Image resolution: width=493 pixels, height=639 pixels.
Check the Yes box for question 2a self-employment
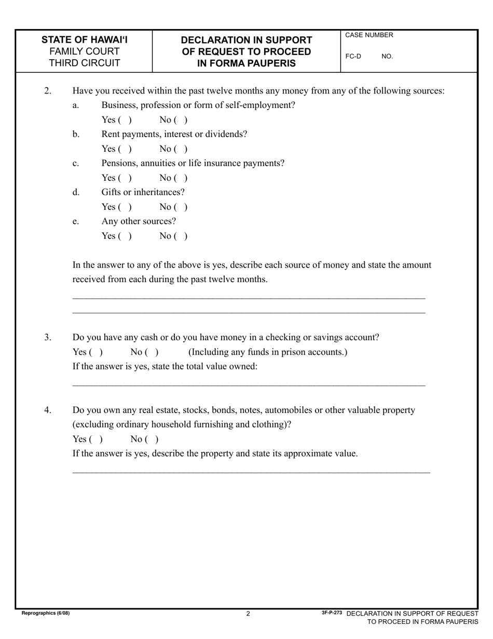125,120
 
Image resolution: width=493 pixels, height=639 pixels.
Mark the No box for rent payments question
181,149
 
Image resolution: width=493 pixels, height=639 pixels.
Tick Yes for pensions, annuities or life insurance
125,178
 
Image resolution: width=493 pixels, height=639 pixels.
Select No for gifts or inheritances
181,207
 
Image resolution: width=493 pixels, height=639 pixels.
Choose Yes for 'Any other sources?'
125,236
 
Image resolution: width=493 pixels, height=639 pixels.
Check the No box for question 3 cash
152,352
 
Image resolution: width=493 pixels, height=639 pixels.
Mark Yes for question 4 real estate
95,440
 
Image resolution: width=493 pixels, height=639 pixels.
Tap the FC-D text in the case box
353,56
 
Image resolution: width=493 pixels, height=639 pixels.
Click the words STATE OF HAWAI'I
85,40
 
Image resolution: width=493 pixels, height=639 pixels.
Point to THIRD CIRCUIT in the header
85,63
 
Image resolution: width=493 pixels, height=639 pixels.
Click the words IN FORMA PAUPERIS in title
246,63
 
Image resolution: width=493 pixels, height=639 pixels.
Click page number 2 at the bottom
248,614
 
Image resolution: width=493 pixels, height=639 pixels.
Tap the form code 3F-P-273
332,613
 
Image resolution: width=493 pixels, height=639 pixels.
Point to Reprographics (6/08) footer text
46,613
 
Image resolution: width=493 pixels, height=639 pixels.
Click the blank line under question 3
249,385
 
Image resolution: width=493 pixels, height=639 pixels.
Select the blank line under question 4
251,472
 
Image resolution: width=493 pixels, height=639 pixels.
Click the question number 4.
48,410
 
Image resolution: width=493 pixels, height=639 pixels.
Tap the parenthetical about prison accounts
268,352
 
